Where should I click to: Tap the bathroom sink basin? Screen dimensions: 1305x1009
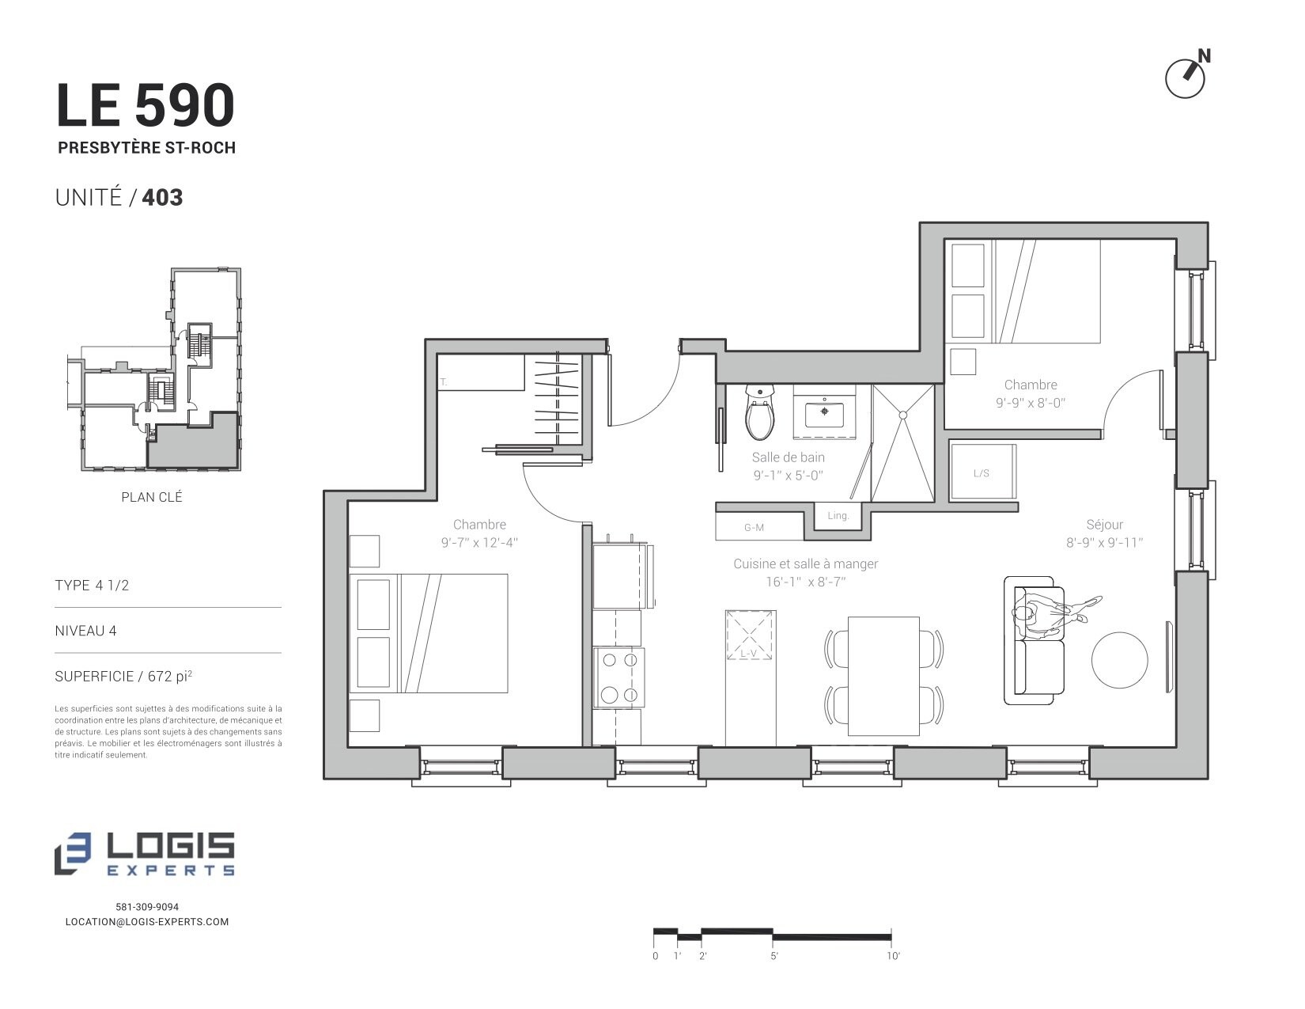coord(824,413)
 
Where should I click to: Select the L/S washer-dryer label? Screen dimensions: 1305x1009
coord(981,473)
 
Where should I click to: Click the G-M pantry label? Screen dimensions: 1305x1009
coord(754,528)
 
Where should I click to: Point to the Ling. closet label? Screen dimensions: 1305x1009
coord(838,516)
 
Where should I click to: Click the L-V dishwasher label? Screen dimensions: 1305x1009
coord(748,653)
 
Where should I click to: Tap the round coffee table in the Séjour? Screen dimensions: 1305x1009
coord(1119,660)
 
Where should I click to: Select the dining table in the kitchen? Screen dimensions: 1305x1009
coord(883,676)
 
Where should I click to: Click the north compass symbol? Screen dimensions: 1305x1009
coord(1186,74)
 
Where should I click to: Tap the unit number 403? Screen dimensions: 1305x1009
coord(162,198)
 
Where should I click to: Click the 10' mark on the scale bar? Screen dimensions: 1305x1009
coord(891,936)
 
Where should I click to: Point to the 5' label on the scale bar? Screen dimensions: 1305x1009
coord(774,956)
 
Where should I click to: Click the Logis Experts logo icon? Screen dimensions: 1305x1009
coord(72,853)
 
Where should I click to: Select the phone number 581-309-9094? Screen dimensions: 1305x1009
coord(147,907)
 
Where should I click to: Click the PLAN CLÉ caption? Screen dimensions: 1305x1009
coord(151,497)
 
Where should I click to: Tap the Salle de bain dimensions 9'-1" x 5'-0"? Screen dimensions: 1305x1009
coord(788,476)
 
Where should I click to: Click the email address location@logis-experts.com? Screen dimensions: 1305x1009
coord(147,922)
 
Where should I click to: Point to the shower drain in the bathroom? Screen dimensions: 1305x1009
coord(902,415)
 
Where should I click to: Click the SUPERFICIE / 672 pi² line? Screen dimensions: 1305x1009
coord(123,676)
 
